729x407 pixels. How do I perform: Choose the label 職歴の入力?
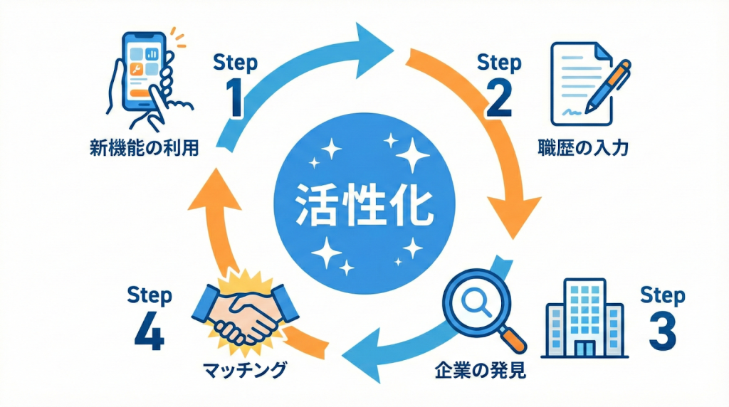click(583, 149)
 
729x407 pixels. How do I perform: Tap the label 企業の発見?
click(479, 371)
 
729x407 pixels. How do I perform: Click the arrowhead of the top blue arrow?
click(374, 47)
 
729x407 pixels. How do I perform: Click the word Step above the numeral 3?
click(663, 295)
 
